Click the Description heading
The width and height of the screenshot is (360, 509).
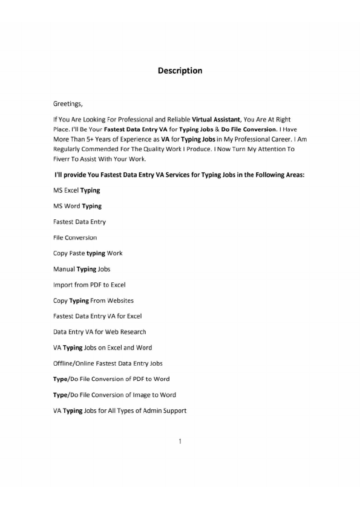180,71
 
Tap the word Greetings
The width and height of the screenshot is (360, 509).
70,104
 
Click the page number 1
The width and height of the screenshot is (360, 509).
180,441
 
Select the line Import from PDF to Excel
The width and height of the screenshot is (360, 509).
89,285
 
